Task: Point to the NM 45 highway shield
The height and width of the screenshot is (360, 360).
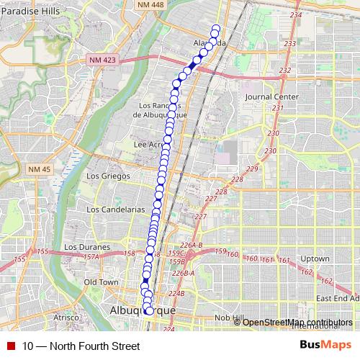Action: (40, 168)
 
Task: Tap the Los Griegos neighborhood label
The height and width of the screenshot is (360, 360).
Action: (108, 176)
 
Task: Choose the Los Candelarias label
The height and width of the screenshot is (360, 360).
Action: (115, 209)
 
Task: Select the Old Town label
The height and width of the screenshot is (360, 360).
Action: (100, 282)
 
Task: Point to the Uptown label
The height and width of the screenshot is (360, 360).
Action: (315, 258)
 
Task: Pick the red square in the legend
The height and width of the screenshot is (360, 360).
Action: (11, 346)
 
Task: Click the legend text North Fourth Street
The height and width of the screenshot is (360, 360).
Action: (81, 346)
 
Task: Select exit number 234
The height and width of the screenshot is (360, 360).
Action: (294, 15)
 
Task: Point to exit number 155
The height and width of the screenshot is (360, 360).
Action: (20, 258)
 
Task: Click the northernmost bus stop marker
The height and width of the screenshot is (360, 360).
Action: (215, 29)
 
